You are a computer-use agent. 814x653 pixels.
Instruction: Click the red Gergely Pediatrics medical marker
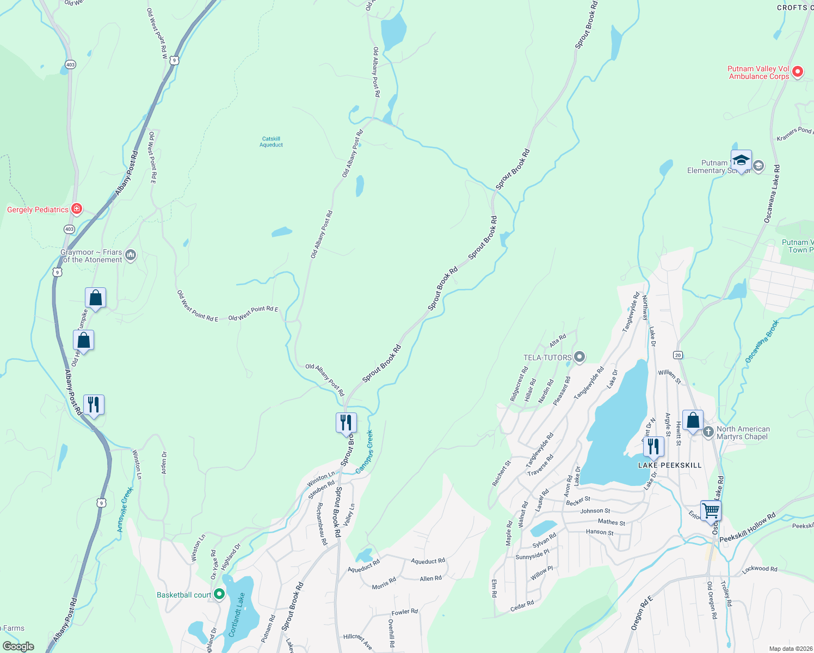pyautogui.click(x=77, y=209)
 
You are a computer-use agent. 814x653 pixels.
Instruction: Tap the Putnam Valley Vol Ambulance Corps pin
pyautogui.click(x=797, y=72)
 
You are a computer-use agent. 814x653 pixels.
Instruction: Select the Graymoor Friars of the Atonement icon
pyautogui.click(x=131, y=255)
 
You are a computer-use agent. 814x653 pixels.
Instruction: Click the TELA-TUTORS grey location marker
pyautogui.click(x=579, y=357)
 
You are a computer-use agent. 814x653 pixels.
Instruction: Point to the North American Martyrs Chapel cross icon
pyautogui.click(x=707, y=432)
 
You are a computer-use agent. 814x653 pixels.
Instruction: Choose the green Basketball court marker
pyautogui.click(x=219, y=594)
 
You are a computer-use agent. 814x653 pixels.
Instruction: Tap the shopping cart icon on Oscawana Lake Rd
pyautogui.click(x=711, y=511)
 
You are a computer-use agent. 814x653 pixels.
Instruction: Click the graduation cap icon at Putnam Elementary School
pyautogui.click(x=741, y=161)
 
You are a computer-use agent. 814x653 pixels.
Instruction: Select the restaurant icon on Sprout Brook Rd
pyautogui.click(x=346, y=422)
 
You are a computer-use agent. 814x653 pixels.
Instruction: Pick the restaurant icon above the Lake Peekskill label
pyautogui.click(x=653, y=447)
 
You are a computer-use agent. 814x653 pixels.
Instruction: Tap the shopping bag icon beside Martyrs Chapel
pyautogui.click(x=693, y=421)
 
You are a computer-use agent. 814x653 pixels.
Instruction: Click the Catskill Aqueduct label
pyautogui.click(x=271, y=142)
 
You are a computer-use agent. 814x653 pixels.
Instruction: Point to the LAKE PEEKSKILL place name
pyautogui.click(x=670, y=465)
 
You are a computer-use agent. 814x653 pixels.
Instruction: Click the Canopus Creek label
pyautogui.click(x=365, y=452)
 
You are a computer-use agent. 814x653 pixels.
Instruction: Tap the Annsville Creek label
pyautogui.click(x=125, y=510)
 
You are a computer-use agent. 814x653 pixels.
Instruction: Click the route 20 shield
pyautogui.click(x=677, y=355)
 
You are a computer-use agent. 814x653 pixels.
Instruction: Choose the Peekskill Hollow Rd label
pyautogui.click(x=747, y=528)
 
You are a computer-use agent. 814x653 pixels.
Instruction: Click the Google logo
pyautogui.click(x=18, y=646)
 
